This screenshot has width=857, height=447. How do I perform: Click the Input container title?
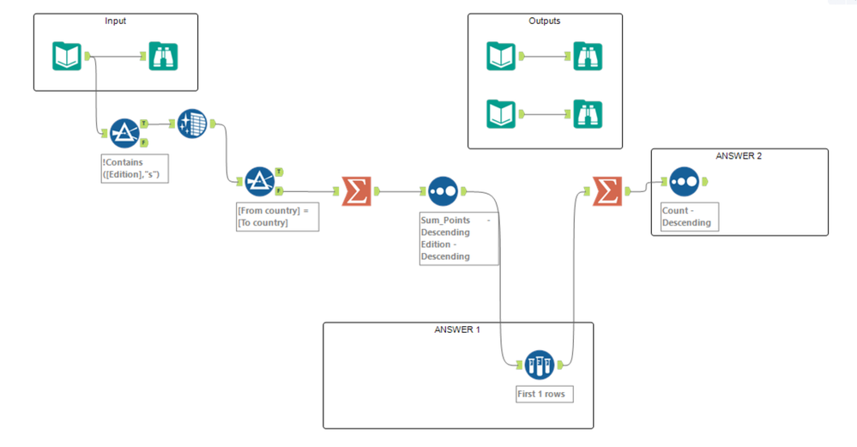pos(115,21)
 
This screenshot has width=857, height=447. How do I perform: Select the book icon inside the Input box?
pos(68,57)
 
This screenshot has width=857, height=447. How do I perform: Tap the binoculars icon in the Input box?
pos(162,57)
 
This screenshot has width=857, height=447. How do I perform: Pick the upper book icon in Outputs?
pos(501,57)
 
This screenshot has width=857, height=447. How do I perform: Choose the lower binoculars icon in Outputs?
pos(588,114)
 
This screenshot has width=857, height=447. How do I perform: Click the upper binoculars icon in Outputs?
pos(588,57)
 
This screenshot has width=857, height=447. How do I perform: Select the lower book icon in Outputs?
pos(501,114)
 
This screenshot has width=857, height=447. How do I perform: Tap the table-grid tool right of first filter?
pos(192,124)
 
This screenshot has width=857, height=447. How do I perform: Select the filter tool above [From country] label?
pos(258,181)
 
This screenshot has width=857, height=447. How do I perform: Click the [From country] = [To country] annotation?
pos(277,216)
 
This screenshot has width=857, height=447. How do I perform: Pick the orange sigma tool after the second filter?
pos(356,190)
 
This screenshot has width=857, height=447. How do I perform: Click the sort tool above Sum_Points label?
pos(443,190)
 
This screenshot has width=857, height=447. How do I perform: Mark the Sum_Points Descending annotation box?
pos(458,238)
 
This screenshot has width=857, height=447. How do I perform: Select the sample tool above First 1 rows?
pos(539,365)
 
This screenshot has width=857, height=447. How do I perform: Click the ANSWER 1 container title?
pos(457,330)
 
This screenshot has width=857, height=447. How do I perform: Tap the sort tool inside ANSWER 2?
pos(685,181)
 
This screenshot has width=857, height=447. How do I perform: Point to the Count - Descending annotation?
pos(686,216)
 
